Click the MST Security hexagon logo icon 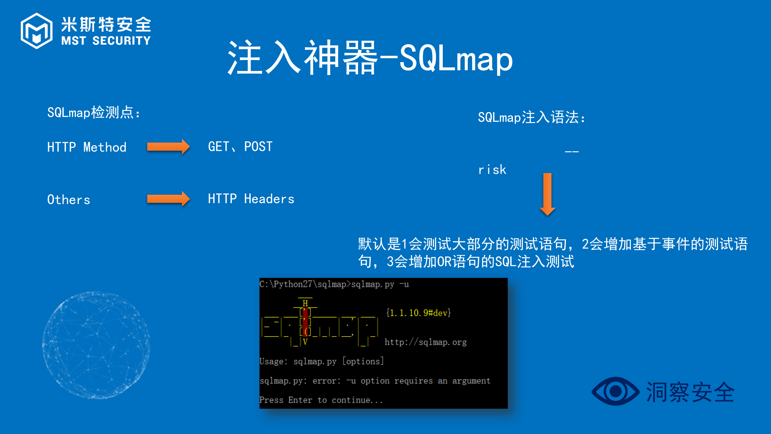coord(36,31)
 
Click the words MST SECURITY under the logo coord(106,41)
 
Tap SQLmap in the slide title coord(456,58)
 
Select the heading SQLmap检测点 coord(93,113)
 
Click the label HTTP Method coord(87,147)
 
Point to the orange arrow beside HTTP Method coord(168,147)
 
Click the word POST coord(258,147)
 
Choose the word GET coord(219,147)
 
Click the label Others coord(69,200)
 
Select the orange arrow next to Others coord(168,199)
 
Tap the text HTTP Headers coord(251,199)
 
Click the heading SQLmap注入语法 coord(531,117)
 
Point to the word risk coord(492,170)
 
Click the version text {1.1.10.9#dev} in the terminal coord(418,313)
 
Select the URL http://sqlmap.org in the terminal coord(425,342)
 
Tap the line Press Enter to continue coord(321,400)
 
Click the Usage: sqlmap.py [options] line coord(321,361)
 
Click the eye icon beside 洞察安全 coord(615,391)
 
